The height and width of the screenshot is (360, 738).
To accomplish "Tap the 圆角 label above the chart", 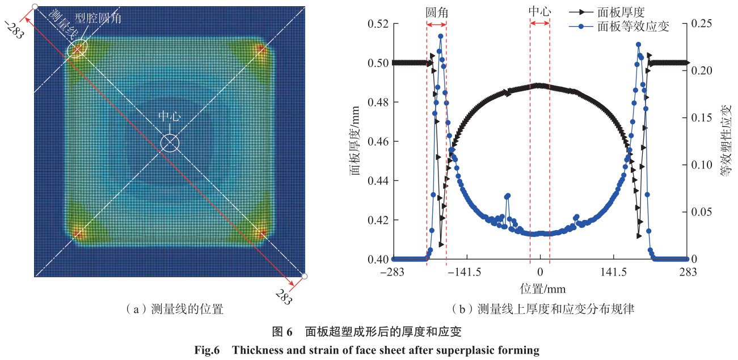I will (x=436, y=11).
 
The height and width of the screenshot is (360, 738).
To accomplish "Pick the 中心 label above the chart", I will (x=539, y=11).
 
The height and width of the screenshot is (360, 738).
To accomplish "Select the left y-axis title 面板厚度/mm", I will (x=356, y=142).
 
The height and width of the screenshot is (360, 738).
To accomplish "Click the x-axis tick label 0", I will (x=540, y=272).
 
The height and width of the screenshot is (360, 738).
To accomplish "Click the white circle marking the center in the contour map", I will (x=169, y=143).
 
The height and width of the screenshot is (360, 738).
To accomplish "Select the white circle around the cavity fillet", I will (x=77, y=50).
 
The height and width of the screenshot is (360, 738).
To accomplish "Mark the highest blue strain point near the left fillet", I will (x=440, y=36).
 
